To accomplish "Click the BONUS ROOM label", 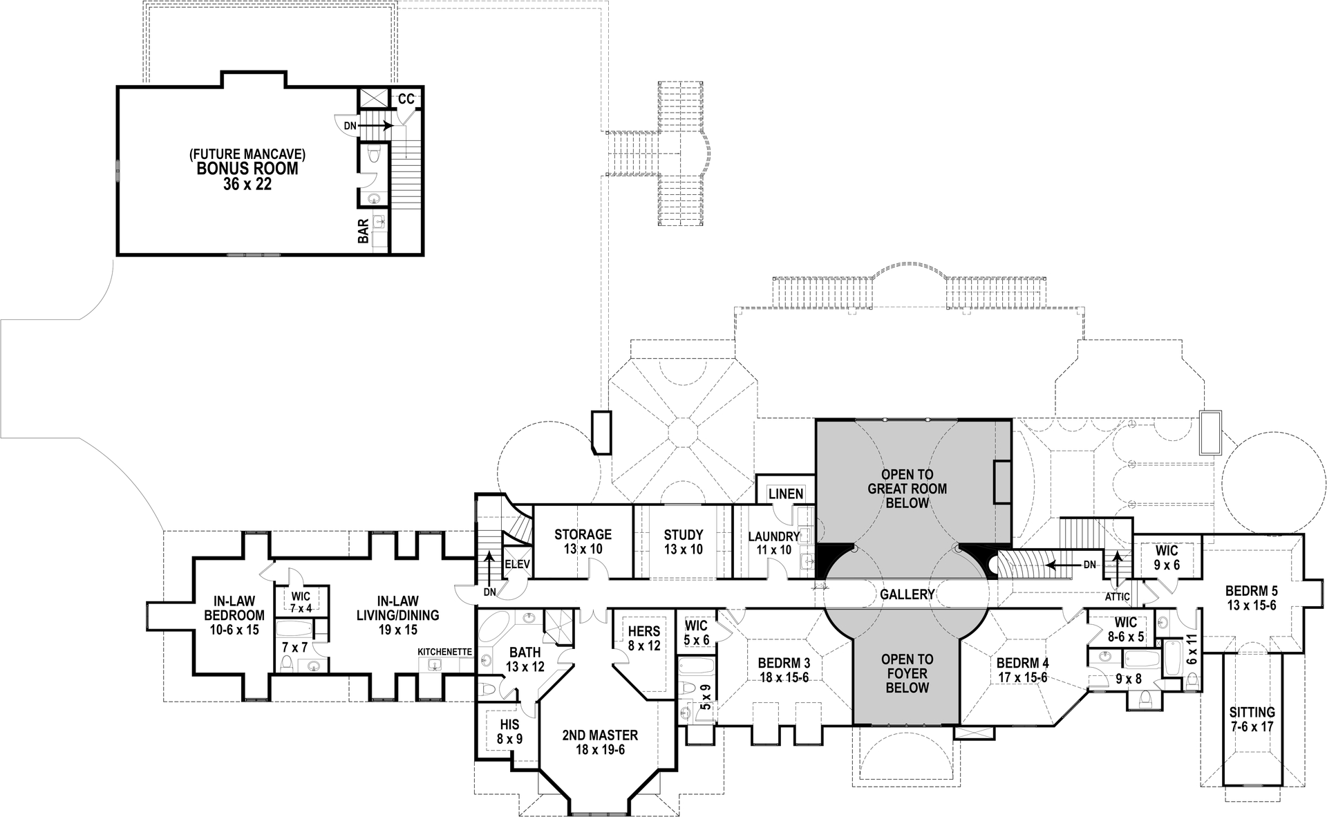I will coord(247,168).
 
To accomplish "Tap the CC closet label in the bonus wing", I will coord(406,100).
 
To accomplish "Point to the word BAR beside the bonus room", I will coord(363,231).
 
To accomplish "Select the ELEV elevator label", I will coord(517,564).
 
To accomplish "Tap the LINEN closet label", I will coord(786,494).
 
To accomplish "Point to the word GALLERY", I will coord(907,594).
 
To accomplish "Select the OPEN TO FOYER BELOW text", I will coord(907,673).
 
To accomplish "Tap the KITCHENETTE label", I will coord(444,652).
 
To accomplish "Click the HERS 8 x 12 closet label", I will coord(643,638).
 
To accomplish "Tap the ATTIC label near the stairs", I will coord(1117,597).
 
